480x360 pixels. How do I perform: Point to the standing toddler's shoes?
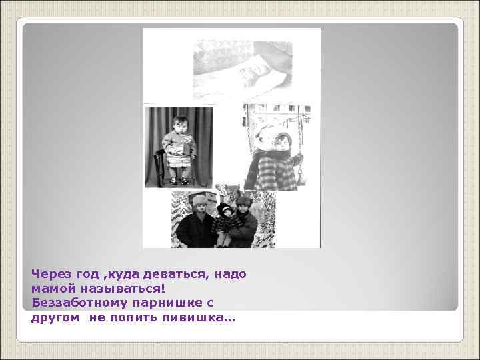pos(179,180)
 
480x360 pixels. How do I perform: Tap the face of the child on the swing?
pos(281,142)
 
